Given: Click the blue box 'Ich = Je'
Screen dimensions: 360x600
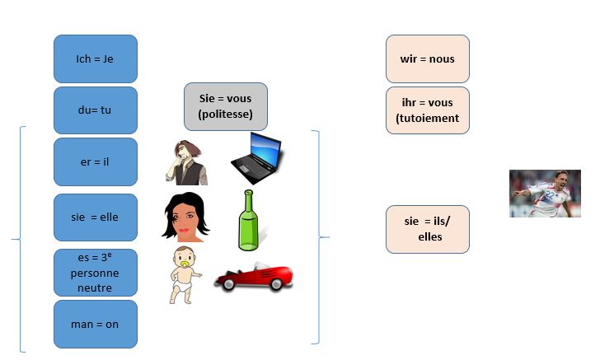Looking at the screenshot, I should pos(95,58).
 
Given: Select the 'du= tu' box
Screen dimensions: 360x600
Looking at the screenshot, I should pos(95,110).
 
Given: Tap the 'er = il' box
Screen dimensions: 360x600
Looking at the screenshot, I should pos(95,161).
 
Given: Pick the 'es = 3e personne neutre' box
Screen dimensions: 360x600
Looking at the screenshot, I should pos(95,272).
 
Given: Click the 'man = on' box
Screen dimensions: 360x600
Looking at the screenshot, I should pos(95,324).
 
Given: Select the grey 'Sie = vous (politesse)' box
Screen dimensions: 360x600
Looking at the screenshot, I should pos(225,106).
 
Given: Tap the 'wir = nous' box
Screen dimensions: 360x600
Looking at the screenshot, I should pos(428,59).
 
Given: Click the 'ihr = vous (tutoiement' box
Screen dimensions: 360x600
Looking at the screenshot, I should pos(428,110).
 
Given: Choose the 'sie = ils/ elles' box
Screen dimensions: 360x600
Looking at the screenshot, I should pos(428,229).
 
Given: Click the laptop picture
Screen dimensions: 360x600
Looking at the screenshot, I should pos(255,157).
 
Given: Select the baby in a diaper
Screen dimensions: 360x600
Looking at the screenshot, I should pos(185,275).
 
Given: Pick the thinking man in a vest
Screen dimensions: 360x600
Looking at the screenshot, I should pos(187,162).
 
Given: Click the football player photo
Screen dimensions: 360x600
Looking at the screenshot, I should pos(544,194).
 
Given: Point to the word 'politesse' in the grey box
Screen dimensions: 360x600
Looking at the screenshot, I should pos(225,114).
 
